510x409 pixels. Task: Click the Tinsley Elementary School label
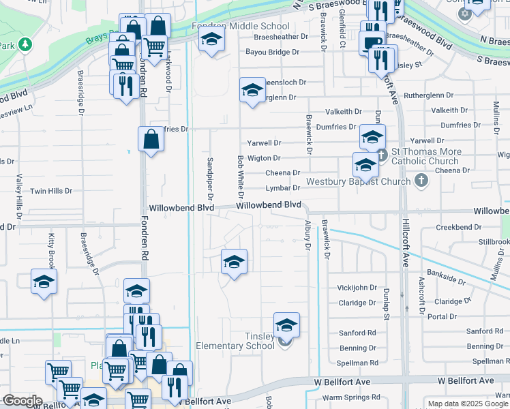click(235, 341)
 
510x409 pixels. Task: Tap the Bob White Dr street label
click(240, 175)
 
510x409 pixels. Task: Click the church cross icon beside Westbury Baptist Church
click(422, 181)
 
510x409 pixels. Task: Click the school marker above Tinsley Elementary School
click(287, 325)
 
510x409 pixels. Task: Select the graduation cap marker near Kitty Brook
click(44, 282)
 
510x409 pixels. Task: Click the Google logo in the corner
click(22, 401)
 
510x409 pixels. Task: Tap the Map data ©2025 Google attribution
click(467, 404)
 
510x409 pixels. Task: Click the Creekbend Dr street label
click(455, 227)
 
